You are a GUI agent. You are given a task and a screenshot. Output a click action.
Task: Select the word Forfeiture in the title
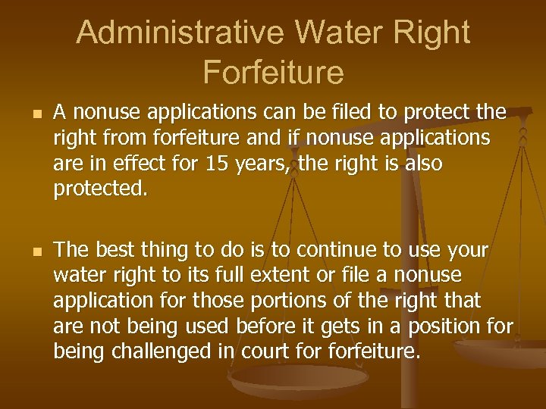tap(273, 72)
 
